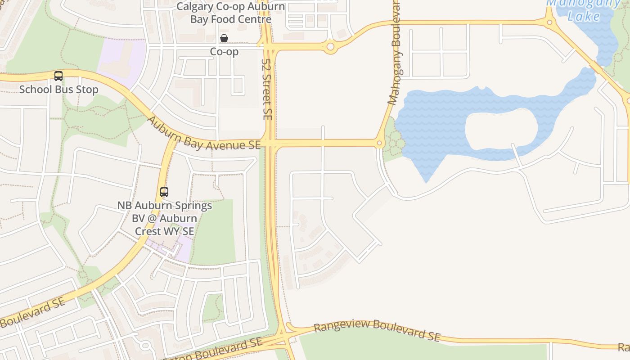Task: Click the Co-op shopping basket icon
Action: (x=224, y=38)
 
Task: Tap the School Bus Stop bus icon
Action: (x=58, y=76)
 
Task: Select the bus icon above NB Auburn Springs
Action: (x=164, y=192)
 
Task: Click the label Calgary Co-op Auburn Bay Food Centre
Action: (x=230, y=13)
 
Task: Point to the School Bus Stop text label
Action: (x=58, y=89)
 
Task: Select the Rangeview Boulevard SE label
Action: (x=377, y=330)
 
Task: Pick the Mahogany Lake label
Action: (x=584, y=10)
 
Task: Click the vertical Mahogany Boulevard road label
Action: (x=395, y=54)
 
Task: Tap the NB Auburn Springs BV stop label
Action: (x=165, y=218)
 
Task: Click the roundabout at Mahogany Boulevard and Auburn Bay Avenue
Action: (x=379, y=144)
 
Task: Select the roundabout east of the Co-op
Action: (x=331, y=46)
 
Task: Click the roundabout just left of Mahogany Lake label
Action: (x=549, y=22)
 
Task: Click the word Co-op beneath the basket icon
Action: (x=224, y=52)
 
